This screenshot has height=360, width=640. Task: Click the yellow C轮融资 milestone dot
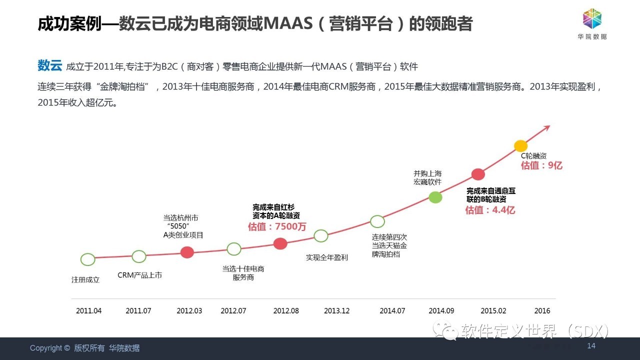521,146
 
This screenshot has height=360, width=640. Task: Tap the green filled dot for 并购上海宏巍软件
435,197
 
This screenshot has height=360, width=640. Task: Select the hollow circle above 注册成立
87,259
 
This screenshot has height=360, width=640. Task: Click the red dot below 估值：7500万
280,243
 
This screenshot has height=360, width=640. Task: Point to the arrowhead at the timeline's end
547,128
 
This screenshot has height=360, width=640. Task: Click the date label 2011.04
88,310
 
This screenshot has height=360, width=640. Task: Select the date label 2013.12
336,310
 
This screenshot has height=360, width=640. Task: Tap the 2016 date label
542,310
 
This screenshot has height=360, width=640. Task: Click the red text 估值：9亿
541,165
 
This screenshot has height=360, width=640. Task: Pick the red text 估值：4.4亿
490,210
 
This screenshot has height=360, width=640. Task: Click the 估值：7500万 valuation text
277,226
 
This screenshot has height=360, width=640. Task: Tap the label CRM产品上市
139,275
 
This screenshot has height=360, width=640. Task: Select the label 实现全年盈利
327,257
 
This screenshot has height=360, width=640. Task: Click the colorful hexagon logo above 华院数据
592,18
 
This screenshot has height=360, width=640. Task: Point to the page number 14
591,346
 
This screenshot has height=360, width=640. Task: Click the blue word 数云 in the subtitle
49,65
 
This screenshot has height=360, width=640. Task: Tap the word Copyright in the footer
46,348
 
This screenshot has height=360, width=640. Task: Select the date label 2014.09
441,310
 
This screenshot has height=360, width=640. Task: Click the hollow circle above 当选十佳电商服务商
234,249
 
